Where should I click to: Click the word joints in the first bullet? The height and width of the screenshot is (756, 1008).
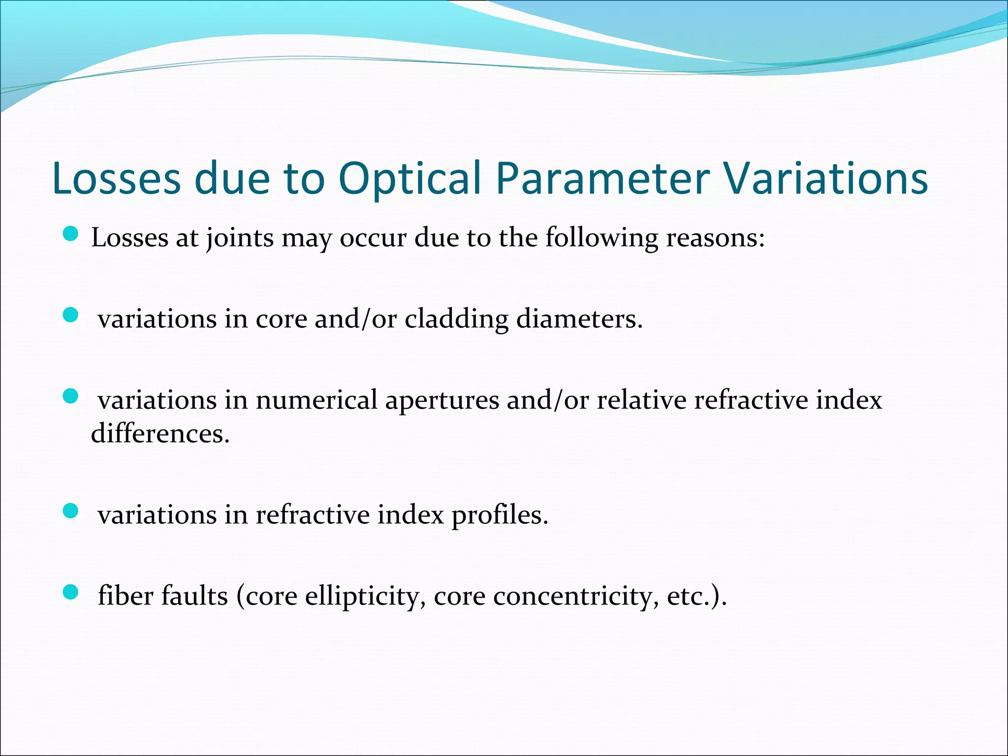tap(240, 239)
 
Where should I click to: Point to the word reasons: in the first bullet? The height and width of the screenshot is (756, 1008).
tap(716, 239)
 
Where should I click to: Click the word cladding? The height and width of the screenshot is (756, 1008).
tap(456, 319)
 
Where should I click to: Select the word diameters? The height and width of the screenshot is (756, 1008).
tap(579, 319)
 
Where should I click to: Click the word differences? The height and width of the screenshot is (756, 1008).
tap(160, 434)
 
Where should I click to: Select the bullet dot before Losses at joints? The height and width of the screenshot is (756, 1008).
tap(71, 234)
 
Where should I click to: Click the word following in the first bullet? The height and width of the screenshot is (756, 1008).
tap(601, 239)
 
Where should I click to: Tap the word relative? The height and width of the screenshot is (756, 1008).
tap(641, 400)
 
